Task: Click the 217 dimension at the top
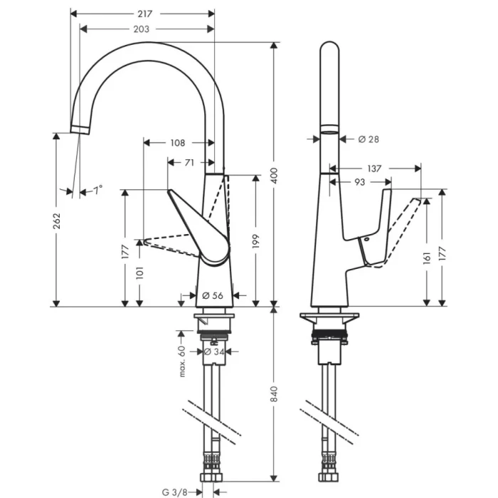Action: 146,13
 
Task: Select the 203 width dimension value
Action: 141,28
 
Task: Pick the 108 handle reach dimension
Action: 178,142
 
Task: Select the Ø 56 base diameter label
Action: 213,295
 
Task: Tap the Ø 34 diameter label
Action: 215,351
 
